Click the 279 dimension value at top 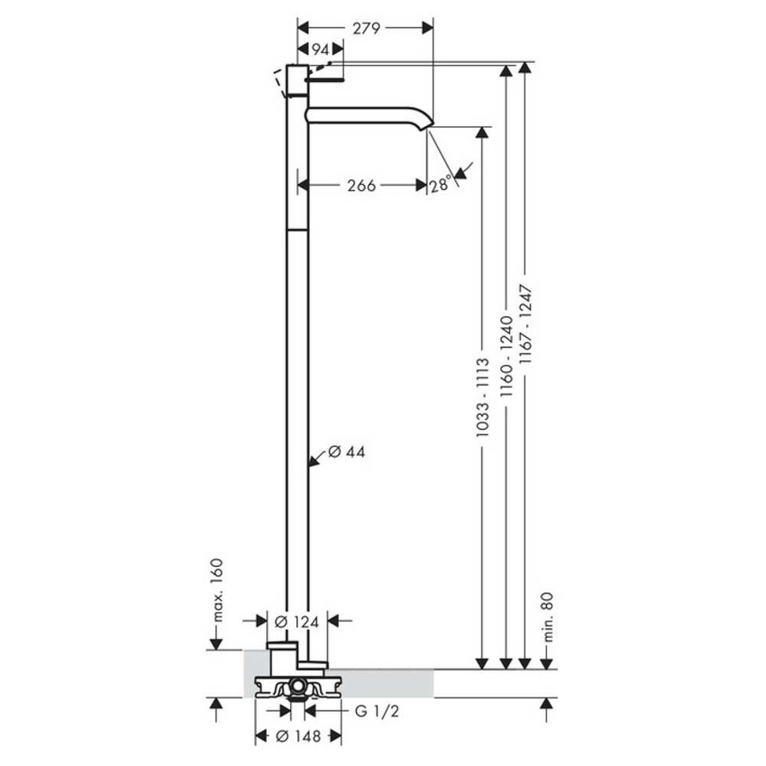tap(366, 28)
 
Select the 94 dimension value tap(320, 50)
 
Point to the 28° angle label tap(441, 185)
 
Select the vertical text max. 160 tap(216, 591)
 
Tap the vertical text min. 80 tap(546, 614)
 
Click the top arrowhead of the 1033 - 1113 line tap(483, 132)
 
